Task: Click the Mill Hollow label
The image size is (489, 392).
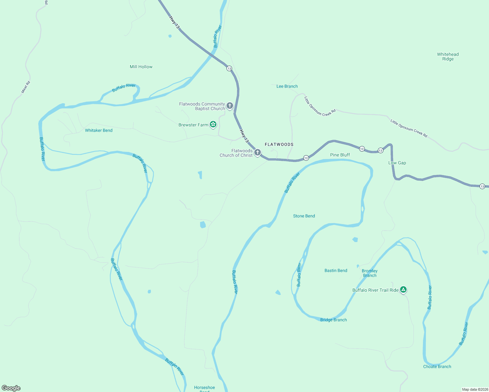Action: tap(141, 67)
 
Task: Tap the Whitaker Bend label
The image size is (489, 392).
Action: tap(99, 130)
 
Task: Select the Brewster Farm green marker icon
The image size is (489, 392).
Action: tap(213, 124)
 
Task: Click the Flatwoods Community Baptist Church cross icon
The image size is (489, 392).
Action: tap(230, 106)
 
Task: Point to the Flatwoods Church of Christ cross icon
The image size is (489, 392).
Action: tap(258, 152)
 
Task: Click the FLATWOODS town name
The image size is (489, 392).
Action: tap(279, 144)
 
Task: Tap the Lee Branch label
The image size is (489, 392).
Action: tap(287, 86)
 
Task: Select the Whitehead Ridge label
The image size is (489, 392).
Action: tap(448, 57)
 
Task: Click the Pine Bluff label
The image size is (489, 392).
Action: tap(340, 155)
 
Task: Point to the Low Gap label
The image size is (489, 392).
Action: tap(397, 163)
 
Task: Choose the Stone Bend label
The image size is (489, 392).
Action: tap(304, 216)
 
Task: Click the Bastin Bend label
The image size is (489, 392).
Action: tap(336, 270)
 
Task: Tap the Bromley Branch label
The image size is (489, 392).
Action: tap(370, 273)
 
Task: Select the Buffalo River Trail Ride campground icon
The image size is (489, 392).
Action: tap(403, 289)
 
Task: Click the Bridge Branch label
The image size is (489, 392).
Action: tap(333, 320)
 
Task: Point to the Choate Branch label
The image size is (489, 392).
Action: tap(437, 367)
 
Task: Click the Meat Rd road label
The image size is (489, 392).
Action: tap(26, 87)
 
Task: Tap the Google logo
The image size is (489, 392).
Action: tap(11, 388)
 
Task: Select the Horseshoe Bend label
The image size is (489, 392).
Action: tap(205, 388)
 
